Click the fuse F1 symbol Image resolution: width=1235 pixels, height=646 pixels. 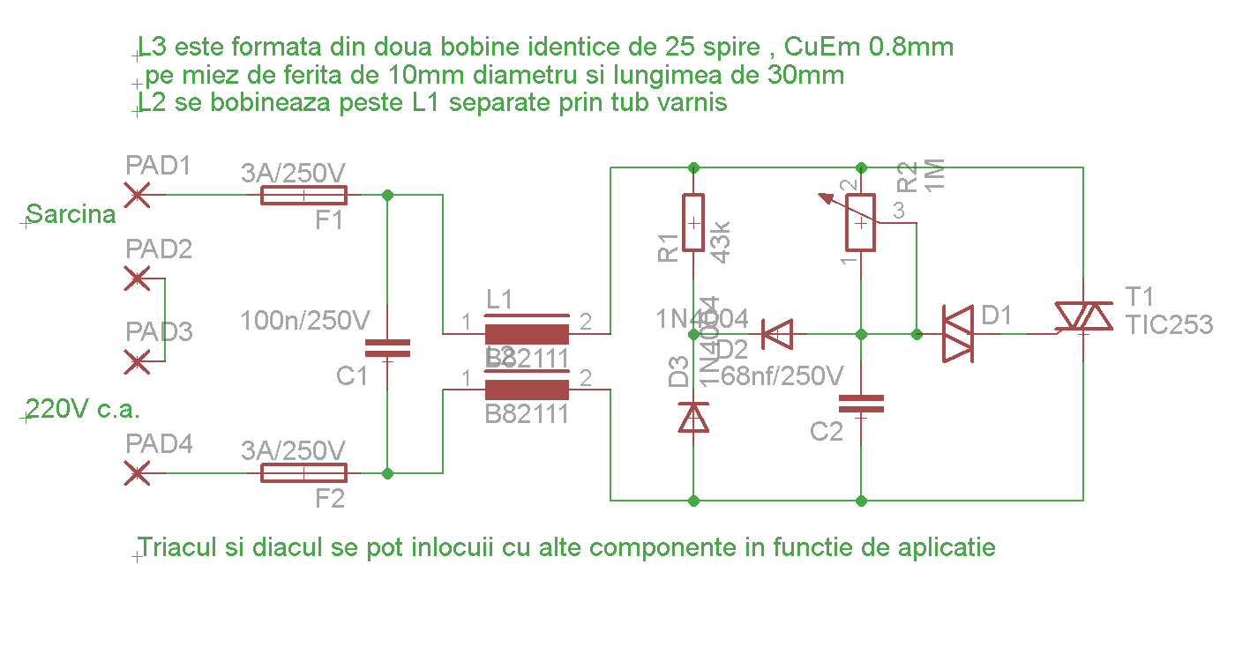(x=304, y=195)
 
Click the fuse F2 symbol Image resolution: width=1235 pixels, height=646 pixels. (x=304, y=473)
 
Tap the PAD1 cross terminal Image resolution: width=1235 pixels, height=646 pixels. (x=137, y=194)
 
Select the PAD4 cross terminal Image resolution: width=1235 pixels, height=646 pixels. (x=137, y=473)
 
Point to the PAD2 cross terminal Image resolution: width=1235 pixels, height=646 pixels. (x=137, y=278)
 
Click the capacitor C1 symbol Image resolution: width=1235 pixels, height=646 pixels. (x=387, y=348)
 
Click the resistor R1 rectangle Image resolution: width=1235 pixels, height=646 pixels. (x=693, y=222)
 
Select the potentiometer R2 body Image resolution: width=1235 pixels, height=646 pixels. (x=861, y=222)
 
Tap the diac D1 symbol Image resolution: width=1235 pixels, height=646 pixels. (x=958, y=334)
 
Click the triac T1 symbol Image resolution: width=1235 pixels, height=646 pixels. (x=1083, y=316)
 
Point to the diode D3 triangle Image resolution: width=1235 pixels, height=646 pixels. (x=693, y=417)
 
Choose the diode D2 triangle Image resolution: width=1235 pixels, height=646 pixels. (x=777, y=334)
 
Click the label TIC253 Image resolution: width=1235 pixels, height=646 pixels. (x=1169, y=324)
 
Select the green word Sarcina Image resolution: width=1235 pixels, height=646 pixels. (x=71, y=214)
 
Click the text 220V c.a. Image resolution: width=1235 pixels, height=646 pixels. (x=84, y=409)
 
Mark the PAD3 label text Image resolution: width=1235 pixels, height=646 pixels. (x=159, y=332)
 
